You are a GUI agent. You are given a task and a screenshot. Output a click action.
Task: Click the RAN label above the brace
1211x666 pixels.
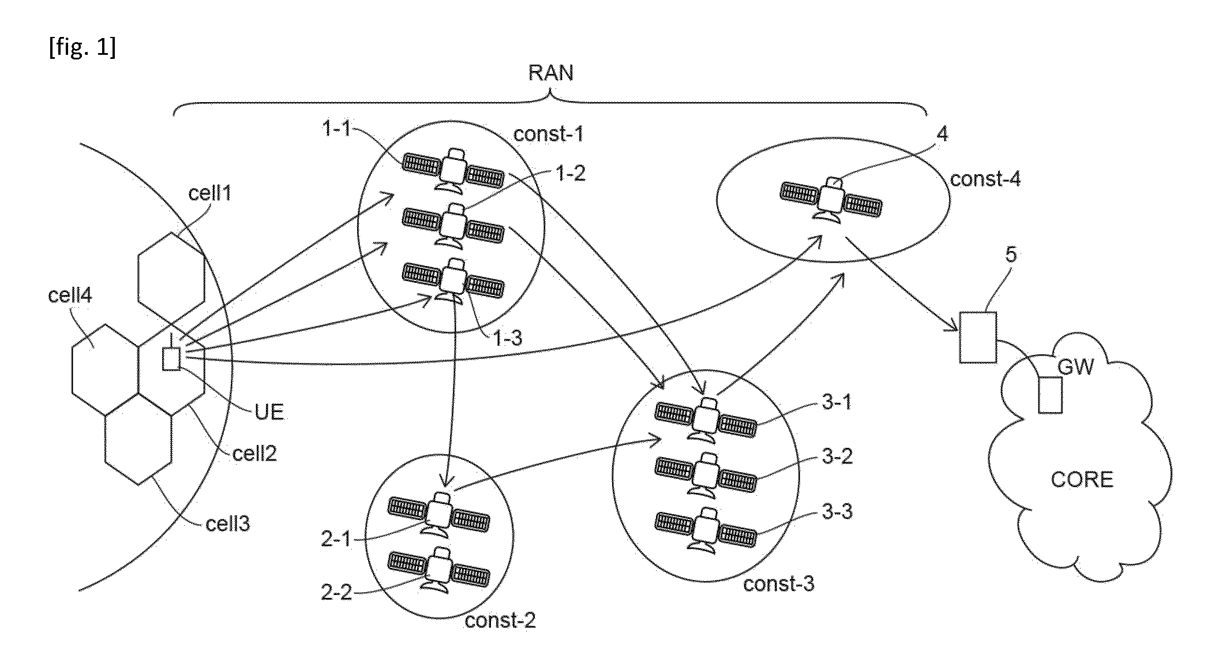(551, 73)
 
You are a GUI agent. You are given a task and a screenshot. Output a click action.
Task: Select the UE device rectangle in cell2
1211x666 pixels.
(171, 358)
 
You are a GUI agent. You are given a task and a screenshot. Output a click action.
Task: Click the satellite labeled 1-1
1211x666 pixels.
(453, 170)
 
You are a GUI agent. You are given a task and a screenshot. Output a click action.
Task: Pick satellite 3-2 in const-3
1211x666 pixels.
(706, 474)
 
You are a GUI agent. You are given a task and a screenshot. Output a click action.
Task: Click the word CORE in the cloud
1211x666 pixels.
(1082, 480)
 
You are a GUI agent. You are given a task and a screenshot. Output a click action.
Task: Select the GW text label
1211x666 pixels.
(1076, 367)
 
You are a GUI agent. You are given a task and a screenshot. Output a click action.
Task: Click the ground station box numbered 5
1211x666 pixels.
(978, 338)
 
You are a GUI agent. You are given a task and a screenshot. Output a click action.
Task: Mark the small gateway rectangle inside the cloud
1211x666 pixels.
(1050, 395)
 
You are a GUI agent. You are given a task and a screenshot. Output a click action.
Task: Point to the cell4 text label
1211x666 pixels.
(70, 295)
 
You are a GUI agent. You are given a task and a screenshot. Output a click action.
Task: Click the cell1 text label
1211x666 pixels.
(210, 193)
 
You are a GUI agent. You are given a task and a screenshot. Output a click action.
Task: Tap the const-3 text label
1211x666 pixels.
(779, 584)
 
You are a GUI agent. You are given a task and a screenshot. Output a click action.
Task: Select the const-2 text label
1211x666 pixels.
(500, 620)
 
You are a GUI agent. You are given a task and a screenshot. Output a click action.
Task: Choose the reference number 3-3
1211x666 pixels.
(837, 511)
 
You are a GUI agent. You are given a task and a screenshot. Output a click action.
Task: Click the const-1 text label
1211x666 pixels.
(549, 134)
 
